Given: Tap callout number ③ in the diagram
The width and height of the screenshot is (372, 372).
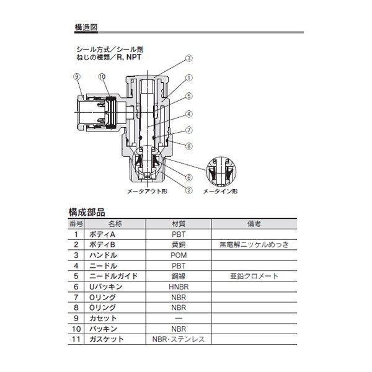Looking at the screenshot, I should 189,59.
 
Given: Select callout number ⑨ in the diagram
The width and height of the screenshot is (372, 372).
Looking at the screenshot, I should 77,76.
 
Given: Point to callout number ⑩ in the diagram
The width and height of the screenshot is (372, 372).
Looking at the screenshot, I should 102,76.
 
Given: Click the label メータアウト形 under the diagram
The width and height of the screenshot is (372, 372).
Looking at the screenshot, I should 147,193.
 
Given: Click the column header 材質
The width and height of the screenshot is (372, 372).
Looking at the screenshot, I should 178,224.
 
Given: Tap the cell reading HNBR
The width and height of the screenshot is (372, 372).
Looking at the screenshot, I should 178,287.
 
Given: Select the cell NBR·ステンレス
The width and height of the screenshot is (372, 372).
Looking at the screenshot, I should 178,339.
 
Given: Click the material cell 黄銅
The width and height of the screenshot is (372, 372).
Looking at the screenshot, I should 178,245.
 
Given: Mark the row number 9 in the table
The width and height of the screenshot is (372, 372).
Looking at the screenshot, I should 76,319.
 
